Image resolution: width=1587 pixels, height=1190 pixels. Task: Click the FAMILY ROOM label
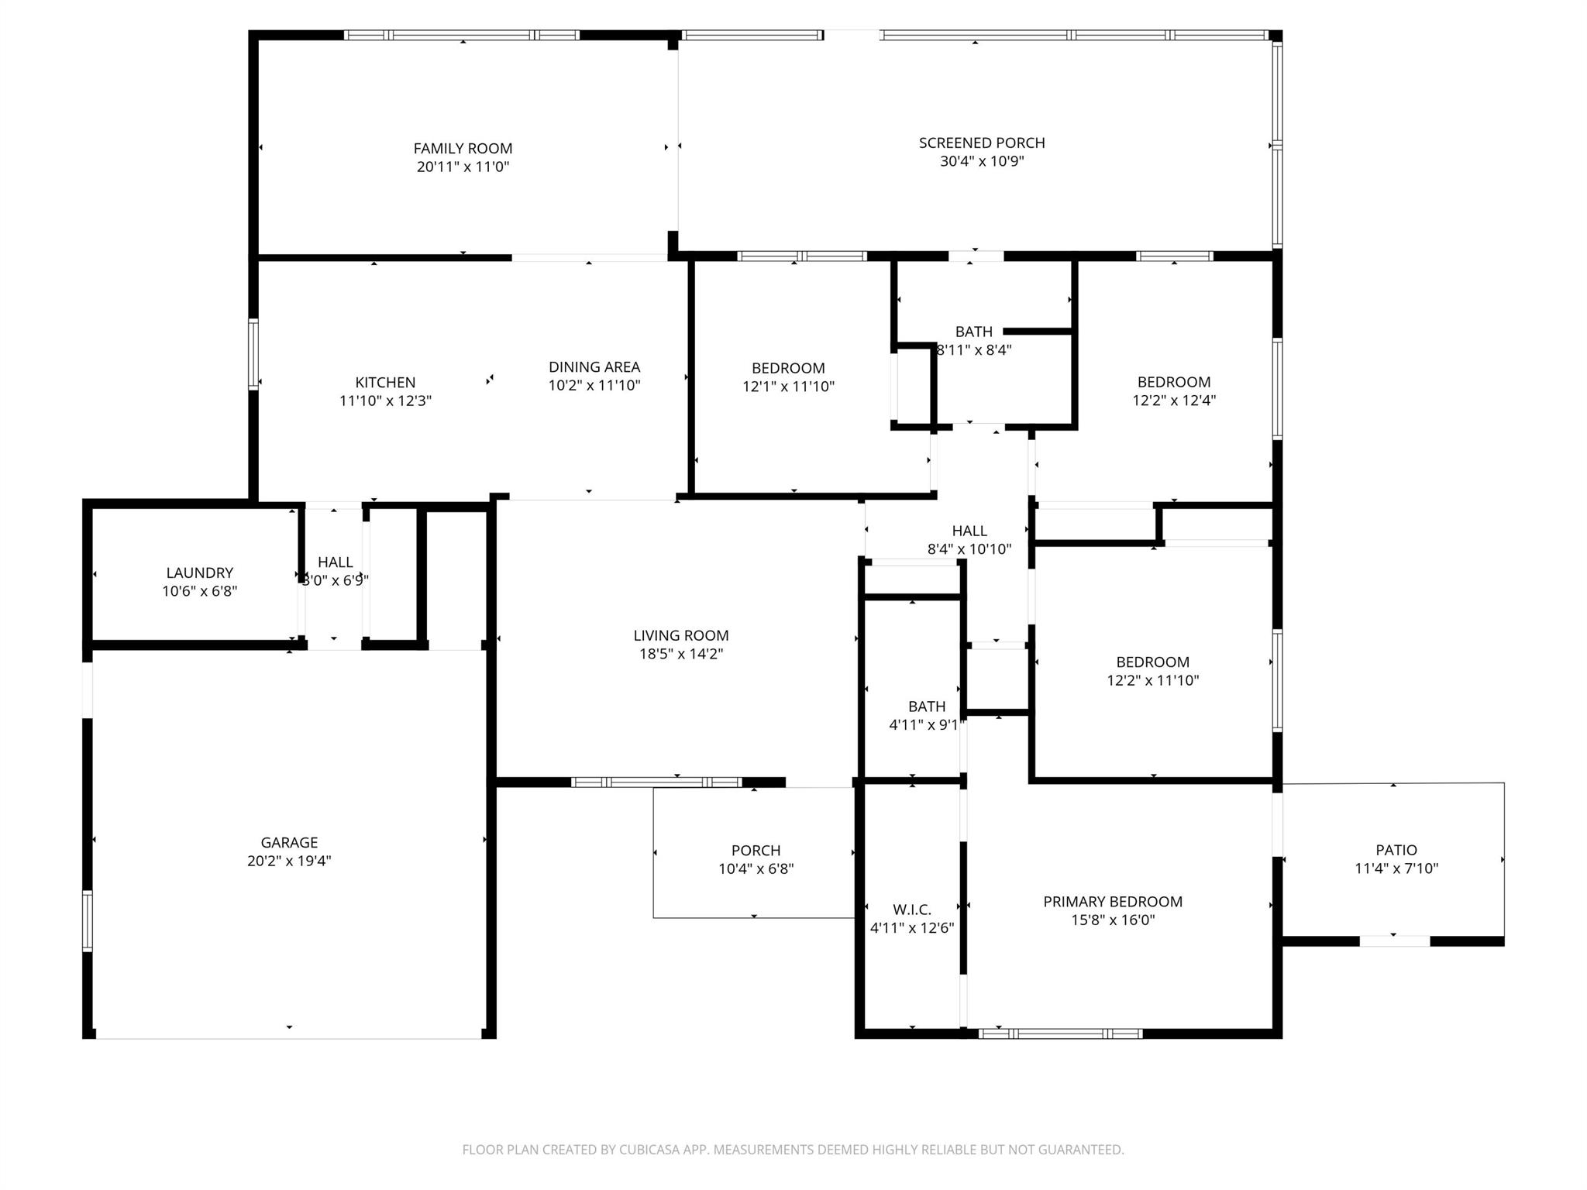463,148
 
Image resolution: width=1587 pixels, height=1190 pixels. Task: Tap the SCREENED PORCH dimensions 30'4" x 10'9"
982,161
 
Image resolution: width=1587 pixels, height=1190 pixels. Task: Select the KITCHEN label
385,382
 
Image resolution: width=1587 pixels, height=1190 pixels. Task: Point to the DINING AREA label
594,366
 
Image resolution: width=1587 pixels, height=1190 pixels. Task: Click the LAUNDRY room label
199,573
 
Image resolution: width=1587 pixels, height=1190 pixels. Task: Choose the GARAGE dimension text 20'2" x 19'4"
289,861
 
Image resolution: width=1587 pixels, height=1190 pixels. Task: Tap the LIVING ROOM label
680,635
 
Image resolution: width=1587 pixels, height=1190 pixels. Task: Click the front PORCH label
756,850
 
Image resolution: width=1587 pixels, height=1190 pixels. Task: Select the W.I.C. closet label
911,909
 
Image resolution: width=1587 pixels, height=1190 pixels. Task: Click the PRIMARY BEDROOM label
1112,901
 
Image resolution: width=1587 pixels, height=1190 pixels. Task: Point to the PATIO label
1396,850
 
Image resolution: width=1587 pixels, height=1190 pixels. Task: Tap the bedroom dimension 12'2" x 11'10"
1152,680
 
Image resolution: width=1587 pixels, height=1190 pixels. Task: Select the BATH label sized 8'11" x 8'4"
973,332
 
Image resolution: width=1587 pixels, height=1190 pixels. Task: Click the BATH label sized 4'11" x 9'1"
926,707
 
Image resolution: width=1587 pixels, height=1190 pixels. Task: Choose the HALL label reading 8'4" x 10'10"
969,531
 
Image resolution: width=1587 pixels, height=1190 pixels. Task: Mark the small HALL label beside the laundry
335,562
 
